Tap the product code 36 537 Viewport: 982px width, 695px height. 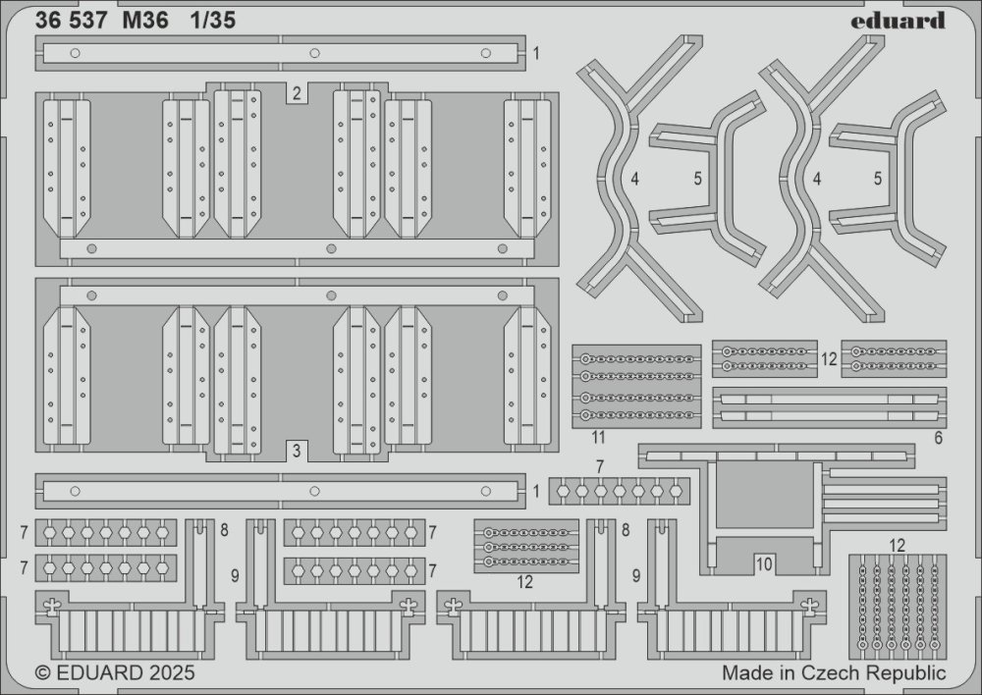pos(72,21)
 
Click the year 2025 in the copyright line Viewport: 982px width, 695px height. pos(173,673)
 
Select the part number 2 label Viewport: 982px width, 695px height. pos(296,93)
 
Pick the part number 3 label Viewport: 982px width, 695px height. pos(295,452)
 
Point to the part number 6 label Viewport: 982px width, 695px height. pos(938,437)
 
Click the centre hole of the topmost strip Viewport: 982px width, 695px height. pos(315,52)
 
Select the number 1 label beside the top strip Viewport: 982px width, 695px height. pos(536,52)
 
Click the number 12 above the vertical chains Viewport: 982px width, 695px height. pos(897,544)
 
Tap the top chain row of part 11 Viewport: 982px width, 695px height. pos(636,358)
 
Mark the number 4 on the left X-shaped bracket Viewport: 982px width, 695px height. pos(635,180)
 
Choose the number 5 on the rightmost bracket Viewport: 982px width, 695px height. pos(878,180)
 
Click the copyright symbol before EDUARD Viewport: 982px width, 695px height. pos(42,673)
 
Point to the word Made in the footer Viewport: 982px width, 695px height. pos(744,673)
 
